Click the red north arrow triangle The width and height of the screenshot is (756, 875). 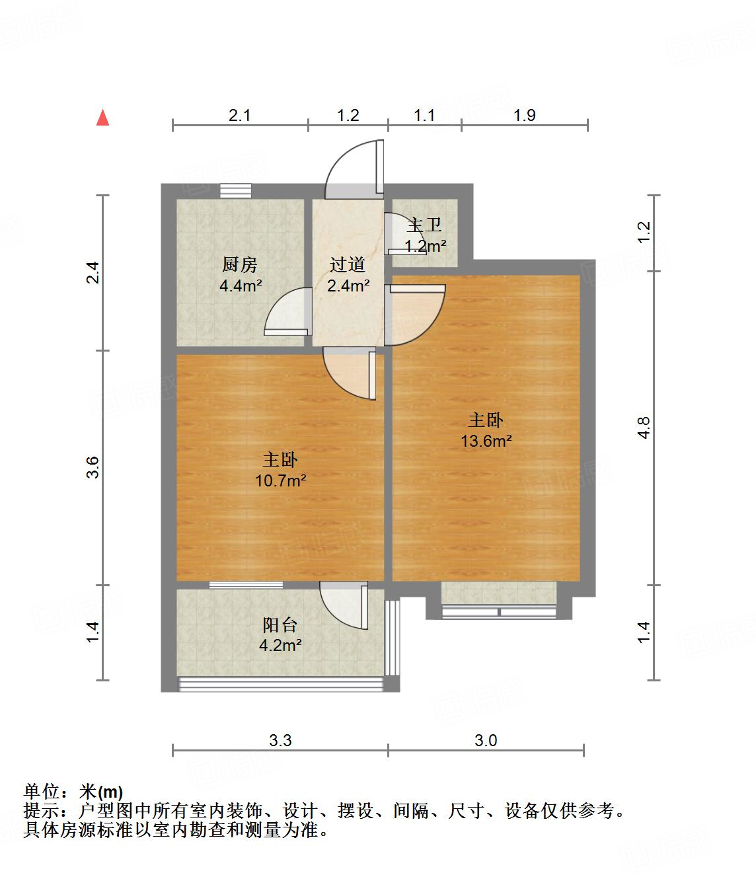click(102, 118)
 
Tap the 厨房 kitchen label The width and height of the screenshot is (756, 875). click(239, 265)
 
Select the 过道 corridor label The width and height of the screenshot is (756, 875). click(348, 265)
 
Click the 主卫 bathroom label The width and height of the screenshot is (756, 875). click(424, 225)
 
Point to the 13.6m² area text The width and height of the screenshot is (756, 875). click(486, 441)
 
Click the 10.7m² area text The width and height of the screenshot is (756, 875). click(281, 480)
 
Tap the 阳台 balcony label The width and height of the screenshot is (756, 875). click(280, 625)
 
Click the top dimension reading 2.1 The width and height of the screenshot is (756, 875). click(240, 115)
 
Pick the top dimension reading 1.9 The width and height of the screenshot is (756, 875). click(524, 115)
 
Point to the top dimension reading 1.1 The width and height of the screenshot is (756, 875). click(424, 115)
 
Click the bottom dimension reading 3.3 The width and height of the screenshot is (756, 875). click(280, 740)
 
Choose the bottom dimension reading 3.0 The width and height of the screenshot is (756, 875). click(486, 740)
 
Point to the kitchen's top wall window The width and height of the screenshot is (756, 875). click(236, 191)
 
